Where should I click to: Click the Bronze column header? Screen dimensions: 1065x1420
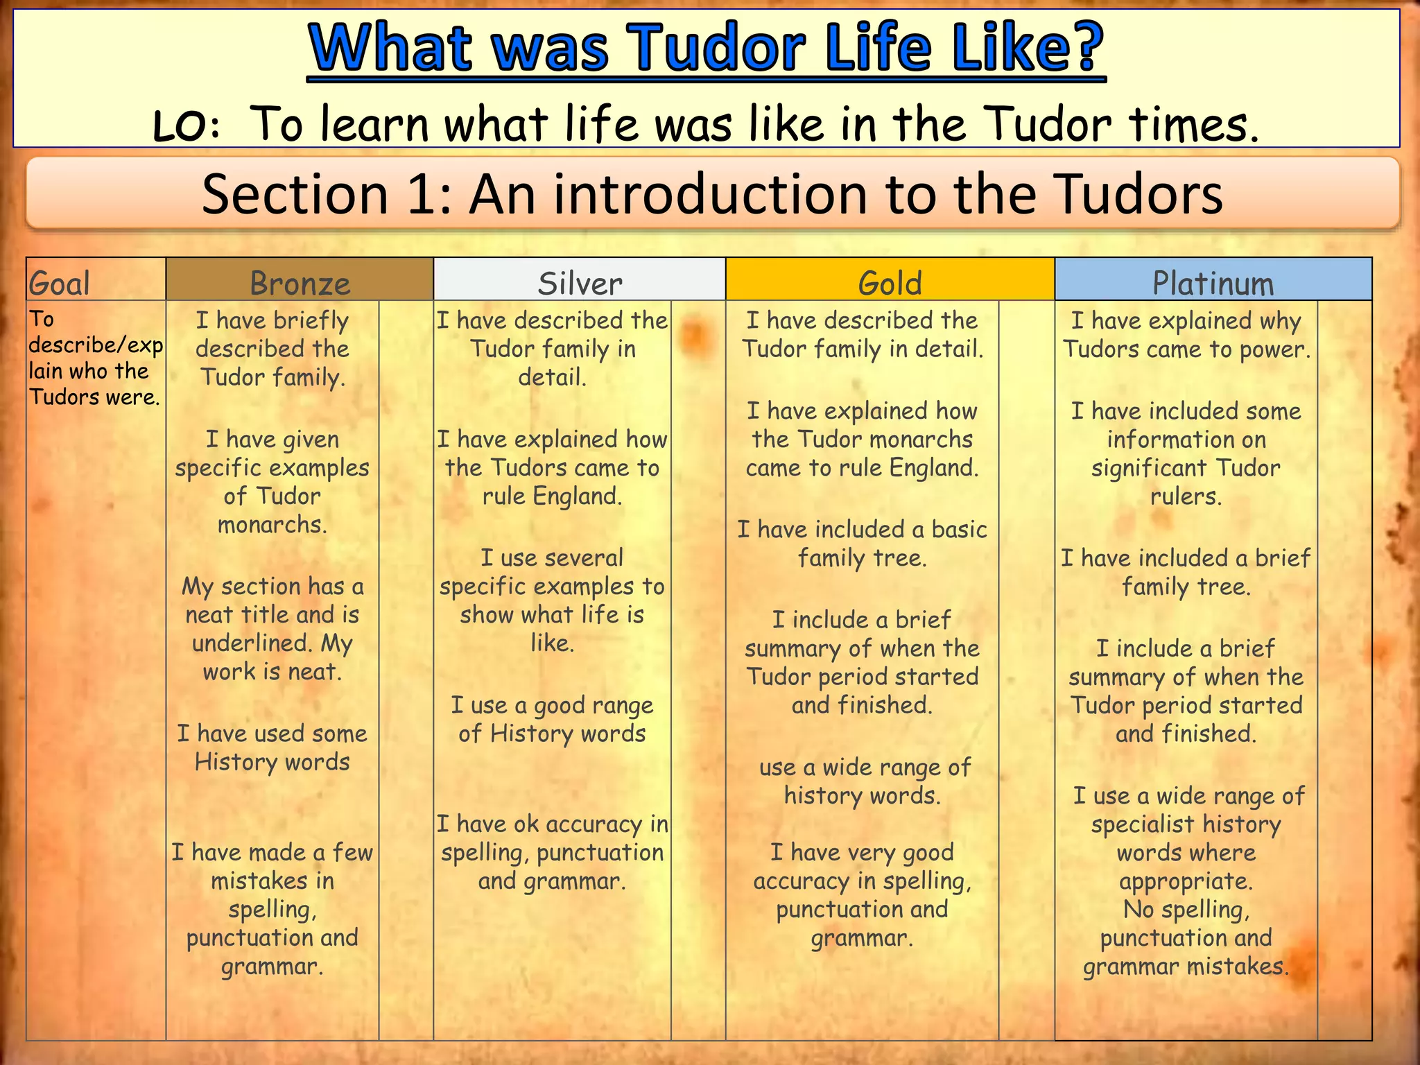300,283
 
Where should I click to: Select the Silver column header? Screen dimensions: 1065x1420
580,283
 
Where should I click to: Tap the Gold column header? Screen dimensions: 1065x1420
890,283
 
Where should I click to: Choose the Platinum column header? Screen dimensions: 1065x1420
1213,283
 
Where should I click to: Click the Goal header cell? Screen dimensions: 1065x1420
60,283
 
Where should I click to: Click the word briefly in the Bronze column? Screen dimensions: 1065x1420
311,321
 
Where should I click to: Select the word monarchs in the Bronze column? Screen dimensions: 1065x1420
272,525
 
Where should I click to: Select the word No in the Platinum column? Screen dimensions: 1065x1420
1138,909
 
